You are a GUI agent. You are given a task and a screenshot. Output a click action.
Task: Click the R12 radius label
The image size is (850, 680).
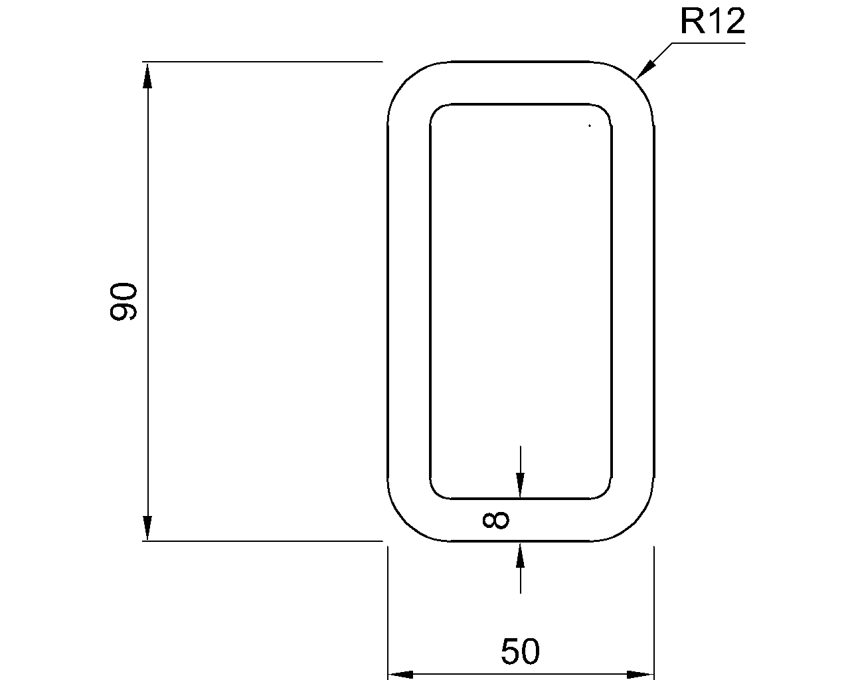(712, 22)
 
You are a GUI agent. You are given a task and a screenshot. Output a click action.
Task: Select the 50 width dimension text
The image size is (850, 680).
(521, 651)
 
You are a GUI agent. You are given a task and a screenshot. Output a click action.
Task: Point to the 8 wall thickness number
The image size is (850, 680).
(495, 520)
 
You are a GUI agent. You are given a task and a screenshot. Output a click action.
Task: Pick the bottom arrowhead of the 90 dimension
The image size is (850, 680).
(147, 529)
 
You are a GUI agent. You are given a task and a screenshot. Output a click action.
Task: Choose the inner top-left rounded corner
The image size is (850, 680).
(437, 110)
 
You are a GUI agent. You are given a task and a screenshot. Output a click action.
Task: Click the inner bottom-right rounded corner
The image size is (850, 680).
(606, 492)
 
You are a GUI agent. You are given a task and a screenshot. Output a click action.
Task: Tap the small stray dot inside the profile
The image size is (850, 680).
(589, 125)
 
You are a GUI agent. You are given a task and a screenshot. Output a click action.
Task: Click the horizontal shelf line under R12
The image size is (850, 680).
(707, 43)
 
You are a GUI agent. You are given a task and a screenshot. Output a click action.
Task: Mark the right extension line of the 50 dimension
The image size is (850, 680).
(654, 611)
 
